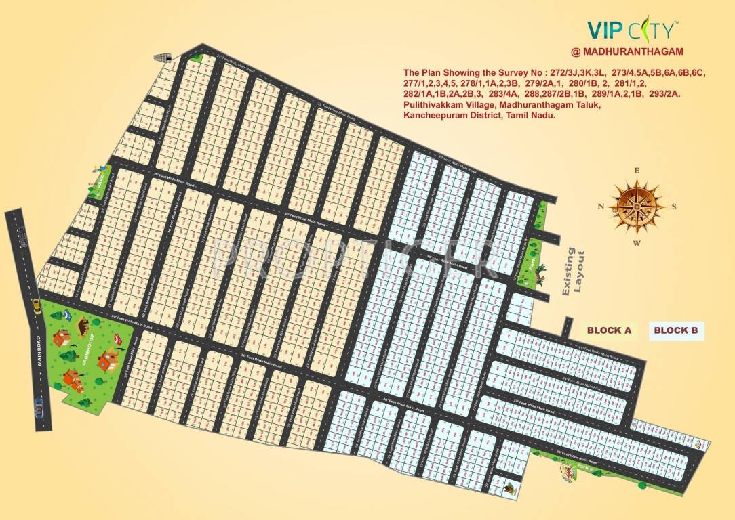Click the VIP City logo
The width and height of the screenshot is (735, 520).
(x=632, y=30)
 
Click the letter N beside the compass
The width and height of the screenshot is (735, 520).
(x=601, y=207)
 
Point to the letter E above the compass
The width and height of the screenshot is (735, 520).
(x=636, y=171)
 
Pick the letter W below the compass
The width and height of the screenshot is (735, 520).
(x=636, y=242)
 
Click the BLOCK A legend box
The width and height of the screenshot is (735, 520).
(x=609, y=330)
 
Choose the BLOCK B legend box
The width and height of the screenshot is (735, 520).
(x=675, y=330)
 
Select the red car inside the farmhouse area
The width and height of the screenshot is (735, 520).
(x=117, y=349)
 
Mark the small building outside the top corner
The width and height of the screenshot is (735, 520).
(x=163, y=59)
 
